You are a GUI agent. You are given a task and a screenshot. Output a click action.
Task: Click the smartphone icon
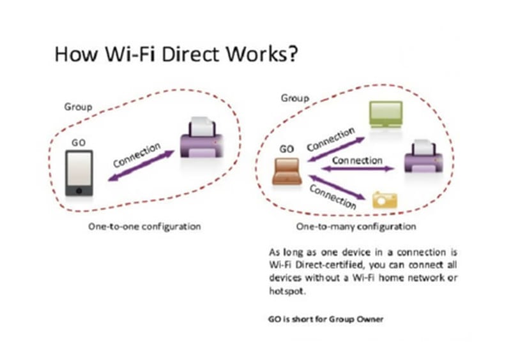click(x=79, y=173)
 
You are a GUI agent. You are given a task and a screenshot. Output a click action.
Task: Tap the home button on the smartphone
click(x=79, y=191)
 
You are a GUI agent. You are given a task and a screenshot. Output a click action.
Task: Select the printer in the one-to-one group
click(x=202, y=137)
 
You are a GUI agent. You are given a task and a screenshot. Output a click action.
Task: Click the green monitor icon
click(x=386, y=114)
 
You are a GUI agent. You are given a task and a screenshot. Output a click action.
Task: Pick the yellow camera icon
click(x=385, y=200)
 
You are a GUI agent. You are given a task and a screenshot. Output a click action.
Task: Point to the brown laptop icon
click(x=287, y=171)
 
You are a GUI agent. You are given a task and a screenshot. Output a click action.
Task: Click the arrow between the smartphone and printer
click(x=141, y=165)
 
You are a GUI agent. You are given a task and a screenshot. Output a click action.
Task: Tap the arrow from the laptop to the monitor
click(x=336, y=149)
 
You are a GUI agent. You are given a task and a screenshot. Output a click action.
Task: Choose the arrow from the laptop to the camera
click(x=337, y=187)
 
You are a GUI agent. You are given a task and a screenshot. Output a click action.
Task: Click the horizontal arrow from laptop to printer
click(x=358, y=169)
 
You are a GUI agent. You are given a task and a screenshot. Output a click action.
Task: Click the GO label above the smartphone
click(x=79, y=143)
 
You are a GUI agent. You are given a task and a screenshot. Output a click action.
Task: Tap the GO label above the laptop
click(x=286, y=149)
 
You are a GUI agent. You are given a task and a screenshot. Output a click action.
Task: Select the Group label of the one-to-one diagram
click(x=78, y=107)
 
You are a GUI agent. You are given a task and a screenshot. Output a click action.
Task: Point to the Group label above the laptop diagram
click(x=295, y=98)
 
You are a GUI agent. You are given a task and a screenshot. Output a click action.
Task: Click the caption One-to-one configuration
click(x=144, y=227)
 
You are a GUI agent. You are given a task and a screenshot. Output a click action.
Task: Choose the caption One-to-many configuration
click(x=356, y=227)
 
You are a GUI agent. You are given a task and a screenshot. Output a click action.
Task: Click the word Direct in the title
click(x=190, y=54)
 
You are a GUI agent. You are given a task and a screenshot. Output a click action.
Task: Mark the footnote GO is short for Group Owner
click(x=326, y=319)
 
